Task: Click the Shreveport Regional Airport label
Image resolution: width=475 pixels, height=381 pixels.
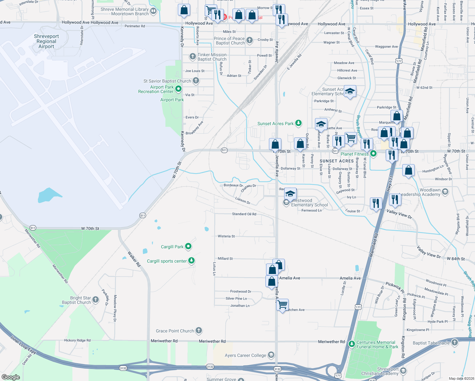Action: [x=46, y=41]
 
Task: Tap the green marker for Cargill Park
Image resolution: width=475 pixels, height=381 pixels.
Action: [x=188, y=246]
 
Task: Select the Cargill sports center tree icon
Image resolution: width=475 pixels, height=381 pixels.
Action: [x=191, y=261]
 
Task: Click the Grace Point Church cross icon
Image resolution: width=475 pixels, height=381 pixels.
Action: [x=199, y=331]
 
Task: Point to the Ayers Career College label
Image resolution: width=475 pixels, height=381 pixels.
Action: [x=245, y=355]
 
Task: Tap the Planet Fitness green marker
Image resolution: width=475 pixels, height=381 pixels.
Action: [x=373, y=154]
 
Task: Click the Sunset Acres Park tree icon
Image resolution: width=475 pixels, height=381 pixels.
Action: [x=298, y=123]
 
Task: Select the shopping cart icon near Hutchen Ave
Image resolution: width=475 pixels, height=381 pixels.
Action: [x=282, y=305]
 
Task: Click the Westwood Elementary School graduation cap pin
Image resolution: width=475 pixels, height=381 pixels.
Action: [x=290, y=194]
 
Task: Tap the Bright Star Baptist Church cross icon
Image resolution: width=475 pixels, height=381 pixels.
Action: [x=96, y=300]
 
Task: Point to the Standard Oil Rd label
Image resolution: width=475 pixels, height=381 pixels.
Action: [x=244, y=214]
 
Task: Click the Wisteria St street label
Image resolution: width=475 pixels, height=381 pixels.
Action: [x=226, y=236]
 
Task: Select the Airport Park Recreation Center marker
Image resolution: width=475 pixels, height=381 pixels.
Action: [x=178, y=89]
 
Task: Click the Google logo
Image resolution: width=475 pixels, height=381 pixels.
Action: [x=11, y=377]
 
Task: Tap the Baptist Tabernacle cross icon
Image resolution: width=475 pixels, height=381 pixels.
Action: [x=455, y=342]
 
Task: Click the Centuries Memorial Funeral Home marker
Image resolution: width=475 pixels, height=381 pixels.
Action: [x=351, y=344]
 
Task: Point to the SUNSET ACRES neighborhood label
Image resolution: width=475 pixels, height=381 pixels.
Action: [x=337, y=161]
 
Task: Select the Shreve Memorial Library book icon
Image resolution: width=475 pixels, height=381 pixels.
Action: [x=153, y=11]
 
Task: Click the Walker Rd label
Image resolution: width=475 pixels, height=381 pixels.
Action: [x=134, y=259]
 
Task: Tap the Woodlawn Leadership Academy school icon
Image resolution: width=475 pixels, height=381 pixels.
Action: [x=445, y=191]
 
